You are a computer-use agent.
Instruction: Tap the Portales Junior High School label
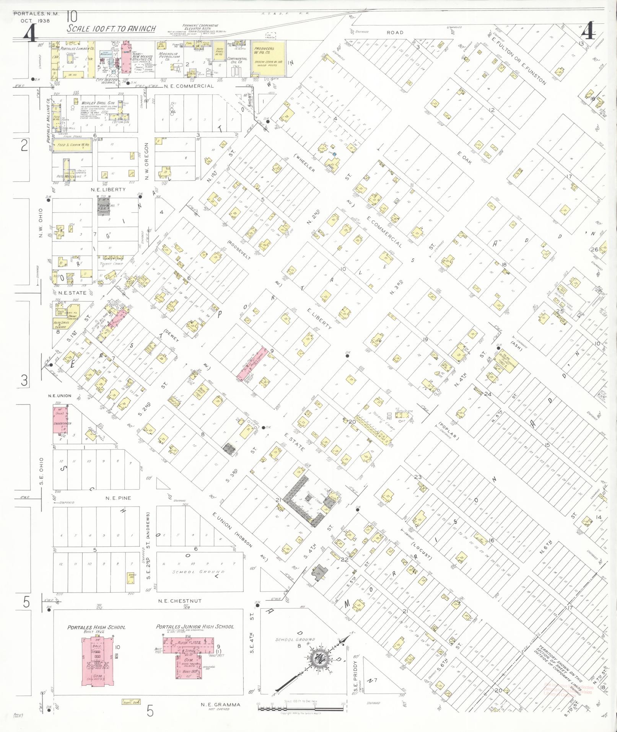pyautogui.click(x=195, y=627)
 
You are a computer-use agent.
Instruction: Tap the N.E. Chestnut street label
pyautogui.click(x=180, y=601)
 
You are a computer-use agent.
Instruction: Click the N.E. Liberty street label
pyautogui.click(x=108, y=189)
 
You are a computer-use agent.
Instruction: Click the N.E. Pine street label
pyautogui.click(x=118, y=498)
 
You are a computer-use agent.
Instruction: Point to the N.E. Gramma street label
pyautogui.click(x=221, y=704)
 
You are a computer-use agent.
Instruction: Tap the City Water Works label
pyautogui.click(x=107, y=81)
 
